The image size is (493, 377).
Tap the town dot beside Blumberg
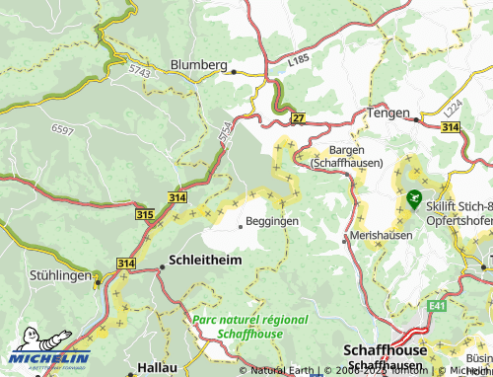pyautogui.click(x=234, y=71)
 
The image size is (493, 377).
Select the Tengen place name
pyautogui.click(x=387, y=113)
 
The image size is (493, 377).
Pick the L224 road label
pyautogui.click(x=453, y=105)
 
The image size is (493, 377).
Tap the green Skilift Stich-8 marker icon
pyautogui.click(x=412, y=198)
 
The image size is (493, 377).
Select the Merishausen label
pyautogui.click(x=379, y=239)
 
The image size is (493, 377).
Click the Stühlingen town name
pyautogui.click(x=60, y=275)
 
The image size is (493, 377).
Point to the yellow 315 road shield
pyautogui.click(x=145, y=213)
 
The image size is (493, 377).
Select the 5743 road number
pyautogui.click(x=140, y=71)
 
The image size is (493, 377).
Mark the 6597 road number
pyautogui.click(x=62, y=130)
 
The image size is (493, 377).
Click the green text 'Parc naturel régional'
pyautogui.click(x=249, y=320)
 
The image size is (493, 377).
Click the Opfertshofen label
pyautogui.click(x=459, y=221)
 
